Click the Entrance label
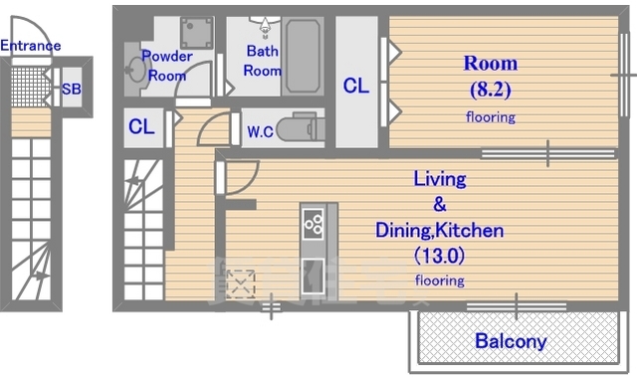click(31, 46)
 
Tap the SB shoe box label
click(71, 89)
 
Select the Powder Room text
click(167, 66)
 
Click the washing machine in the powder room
click(197, 33)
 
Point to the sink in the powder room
click(136, 70)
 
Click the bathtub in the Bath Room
click(303, 56)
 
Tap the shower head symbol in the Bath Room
click(265, 26)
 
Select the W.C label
click(260, 131)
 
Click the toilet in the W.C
click(300, 128)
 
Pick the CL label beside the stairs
click(141, 126)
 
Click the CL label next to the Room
click(356, 86)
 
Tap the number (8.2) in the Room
click(491, 90)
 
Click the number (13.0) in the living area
click(440, 256)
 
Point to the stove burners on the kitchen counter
click(314, 223)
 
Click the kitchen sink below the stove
click(313, 277)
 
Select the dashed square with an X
click(241, 283)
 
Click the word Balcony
click(511, 341)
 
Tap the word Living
click(440, 179)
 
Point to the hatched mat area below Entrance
click(29, 87)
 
